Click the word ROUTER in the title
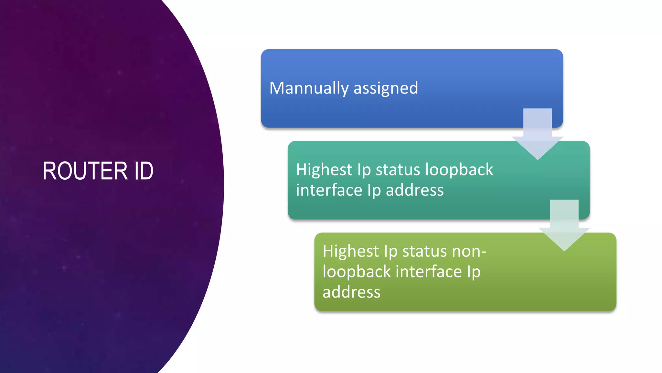(85, 171)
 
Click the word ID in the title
(144, 171)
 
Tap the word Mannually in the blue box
(309, 88)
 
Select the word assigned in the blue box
(386, 88)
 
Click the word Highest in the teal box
(324, 170)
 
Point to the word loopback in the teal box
(459, 170)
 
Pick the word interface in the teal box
(329, 190)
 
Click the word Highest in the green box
(351, 251)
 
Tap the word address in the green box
(351, 292)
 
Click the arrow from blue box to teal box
(538, 134)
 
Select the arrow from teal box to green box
(564, 226)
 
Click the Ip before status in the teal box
(364, 170)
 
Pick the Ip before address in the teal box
(374, 190)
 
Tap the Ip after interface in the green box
(474, 272)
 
